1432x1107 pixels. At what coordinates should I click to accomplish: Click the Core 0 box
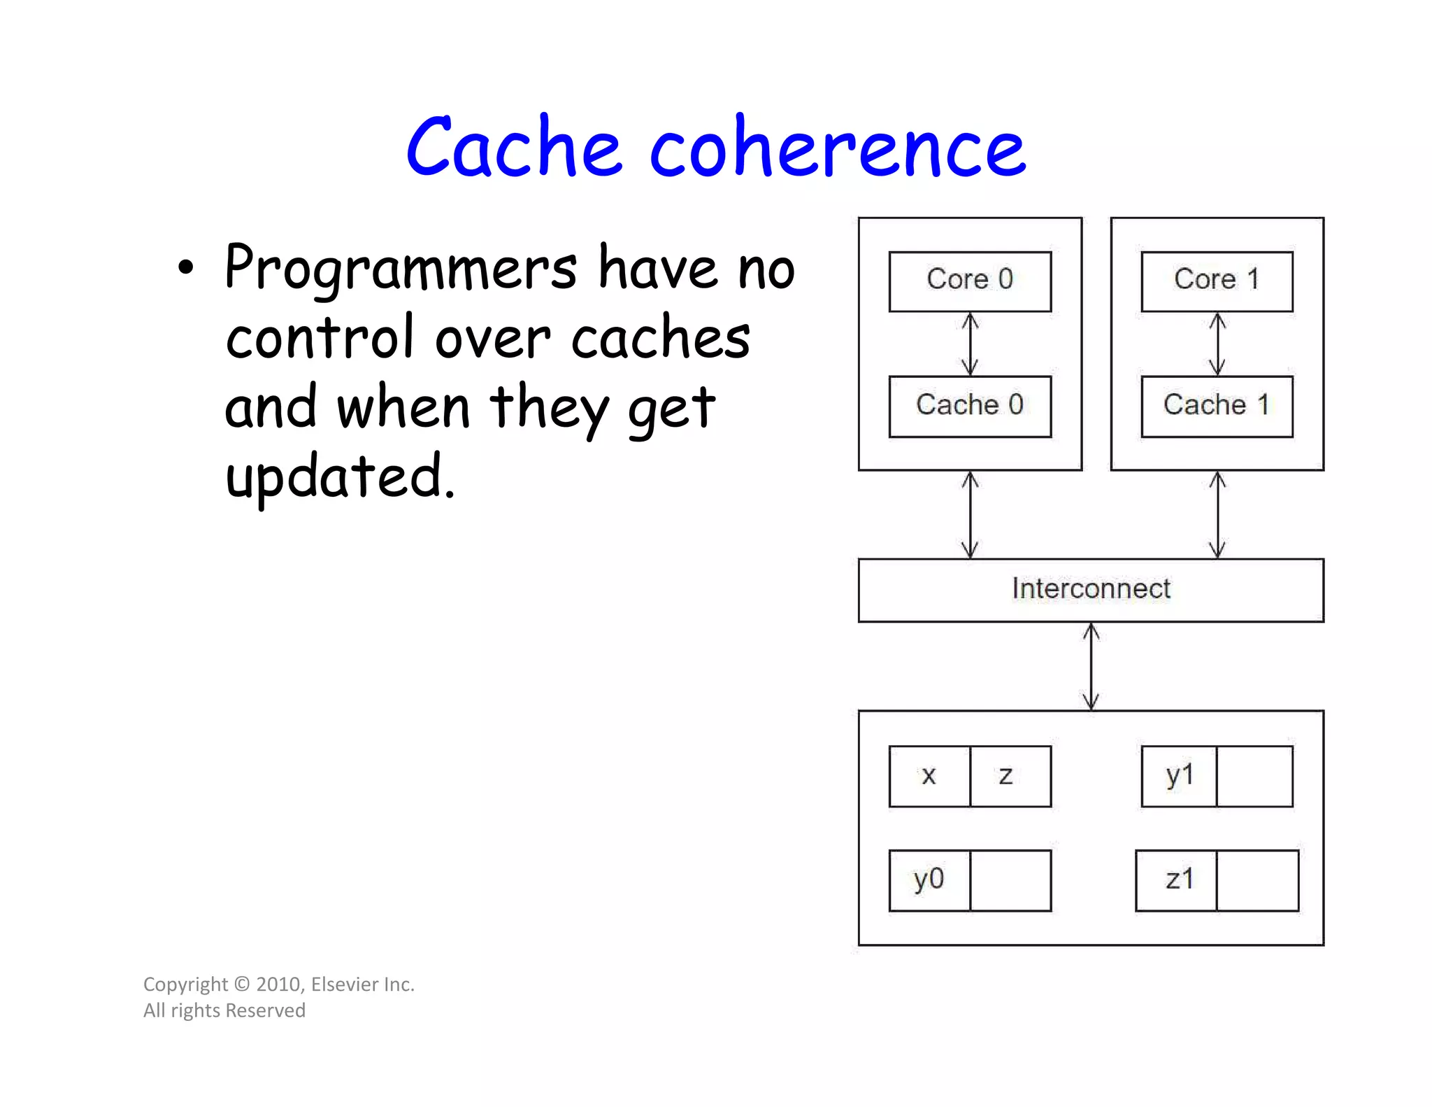pos(969,281)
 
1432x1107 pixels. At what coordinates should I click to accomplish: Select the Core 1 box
pos(1216,281)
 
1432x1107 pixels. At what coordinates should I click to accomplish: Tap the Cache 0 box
pos(969,407)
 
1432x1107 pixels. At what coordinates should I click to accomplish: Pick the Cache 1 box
pos(1216,407)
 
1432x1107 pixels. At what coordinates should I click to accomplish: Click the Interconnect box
pos(1090,590)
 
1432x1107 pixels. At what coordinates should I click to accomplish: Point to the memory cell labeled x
pos(929,776)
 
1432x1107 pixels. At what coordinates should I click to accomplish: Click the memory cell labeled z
pos(1010,776)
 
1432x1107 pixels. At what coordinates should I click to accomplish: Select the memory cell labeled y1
pos(1179,776)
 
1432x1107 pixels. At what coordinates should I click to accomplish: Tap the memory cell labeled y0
pos(929,880)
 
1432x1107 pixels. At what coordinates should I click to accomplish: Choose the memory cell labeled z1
pos(1176,880)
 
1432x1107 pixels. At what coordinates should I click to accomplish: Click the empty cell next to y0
pos(1010,880)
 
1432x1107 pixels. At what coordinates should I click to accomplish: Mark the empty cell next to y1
pos(1254,776)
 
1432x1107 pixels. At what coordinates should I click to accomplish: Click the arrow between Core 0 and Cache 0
pos(969,344)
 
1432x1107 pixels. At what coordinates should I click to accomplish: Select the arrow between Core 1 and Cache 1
pos(1217,344)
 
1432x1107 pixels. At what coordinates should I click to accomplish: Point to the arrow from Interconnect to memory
pos(1091,666)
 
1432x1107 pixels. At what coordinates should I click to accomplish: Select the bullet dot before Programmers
pos(185,269)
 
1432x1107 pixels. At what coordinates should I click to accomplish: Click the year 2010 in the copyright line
pos(278,984)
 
